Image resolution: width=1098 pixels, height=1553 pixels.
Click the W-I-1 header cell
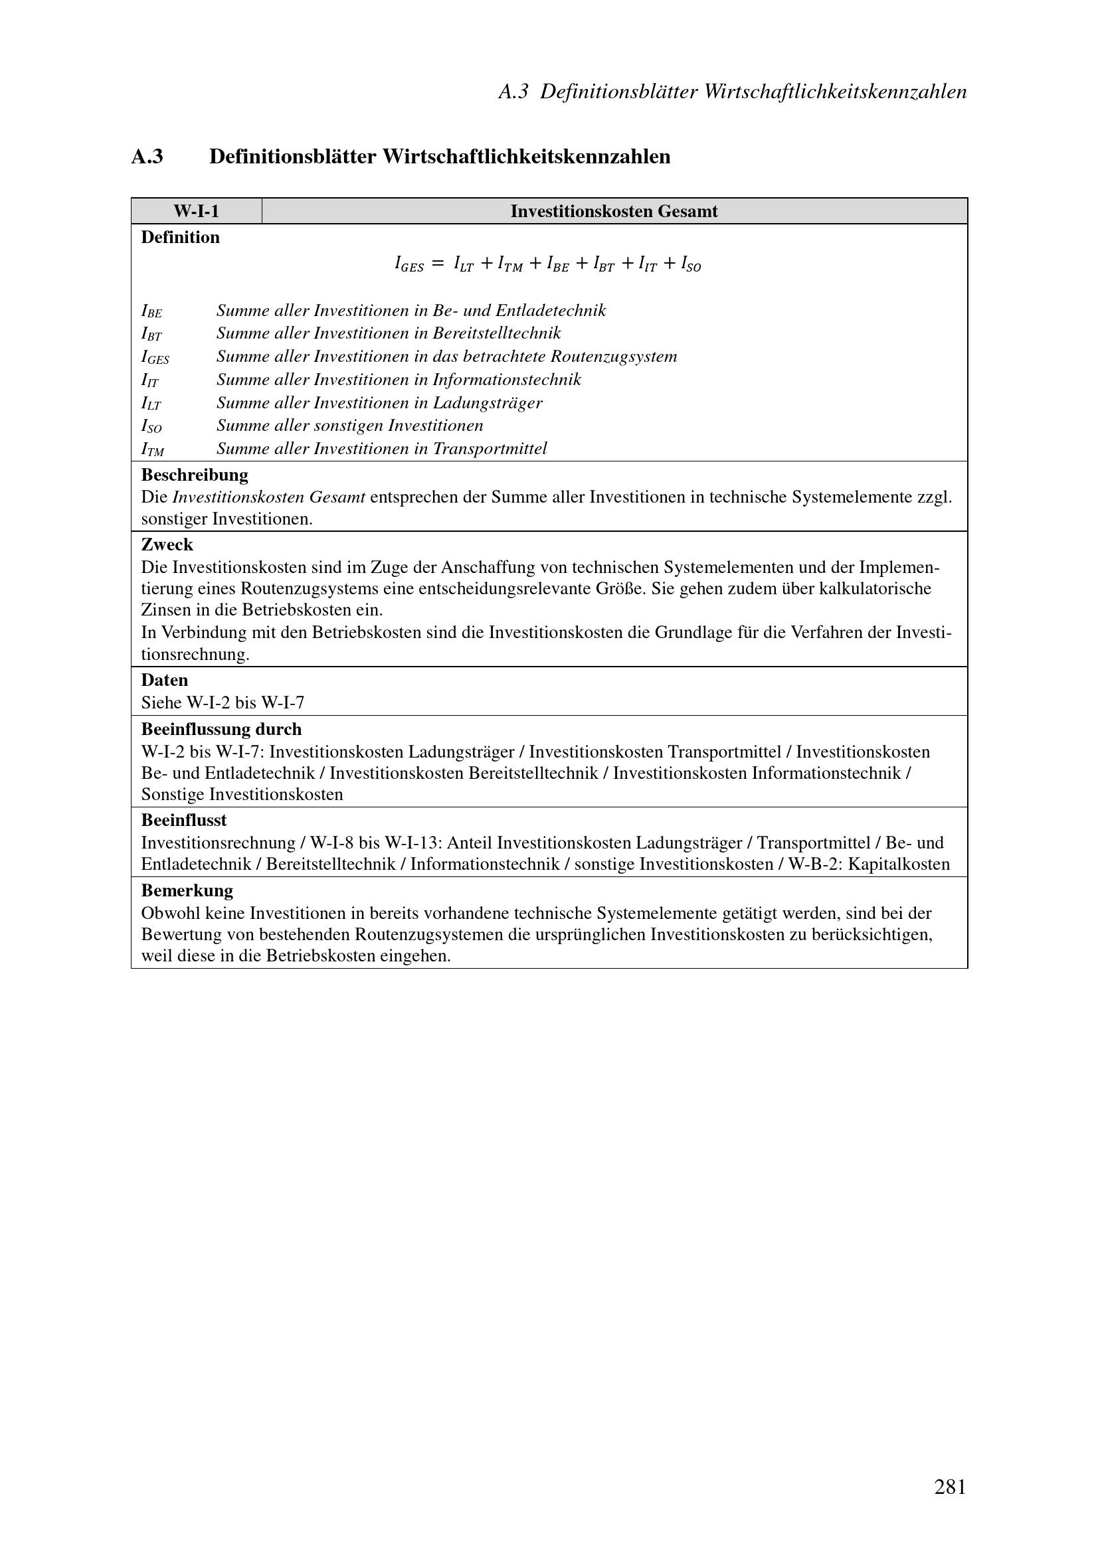click(196, 211)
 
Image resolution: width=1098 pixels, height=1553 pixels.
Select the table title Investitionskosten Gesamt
click(614, 211)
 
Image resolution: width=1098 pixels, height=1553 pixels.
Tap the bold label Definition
click(180, 238)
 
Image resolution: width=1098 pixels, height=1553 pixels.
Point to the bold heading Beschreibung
click(194, 475)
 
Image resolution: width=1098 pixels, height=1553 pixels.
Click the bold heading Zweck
click(167, 544)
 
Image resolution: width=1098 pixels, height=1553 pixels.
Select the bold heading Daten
click(164, 680)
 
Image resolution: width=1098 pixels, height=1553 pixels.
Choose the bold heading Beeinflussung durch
click(221, 729)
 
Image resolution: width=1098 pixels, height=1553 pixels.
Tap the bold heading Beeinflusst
click(184, 821)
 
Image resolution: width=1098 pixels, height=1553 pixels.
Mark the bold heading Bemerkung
click(187, 890)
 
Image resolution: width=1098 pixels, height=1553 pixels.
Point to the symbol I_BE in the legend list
click(151, 312)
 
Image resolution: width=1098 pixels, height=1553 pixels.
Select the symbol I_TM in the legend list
click(152, 450)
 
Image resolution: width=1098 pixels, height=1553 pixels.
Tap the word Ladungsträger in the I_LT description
click(487, 403)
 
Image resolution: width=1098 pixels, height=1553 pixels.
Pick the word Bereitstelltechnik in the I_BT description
click(497, 333)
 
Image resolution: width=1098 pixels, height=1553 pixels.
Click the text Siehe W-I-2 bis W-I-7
click(223, 702)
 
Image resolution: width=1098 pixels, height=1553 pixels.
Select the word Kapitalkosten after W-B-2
click(903, 864)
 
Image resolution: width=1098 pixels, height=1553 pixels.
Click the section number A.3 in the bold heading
click(147, 157)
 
